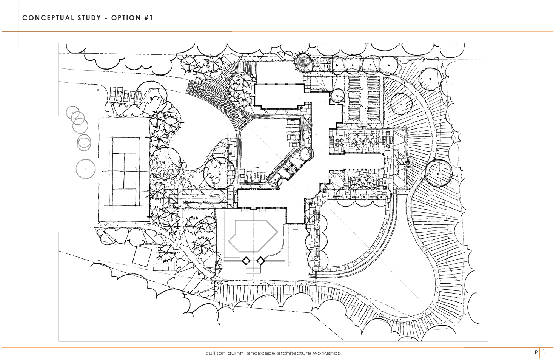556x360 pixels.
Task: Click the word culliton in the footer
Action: (213, 353)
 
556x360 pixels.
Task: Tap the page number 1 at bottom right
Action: (544, 352)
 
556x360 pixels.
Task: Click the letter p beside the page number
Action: (536, 352)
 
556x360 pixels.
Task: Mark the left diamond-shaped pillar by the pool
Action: (246, 261)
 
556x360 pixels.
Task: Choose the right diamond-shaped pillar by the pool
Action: (260, 261)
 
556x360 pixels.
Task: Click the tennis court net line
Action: (124, 171)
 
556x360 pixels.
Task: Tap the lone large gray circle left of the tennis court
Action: (85, 169)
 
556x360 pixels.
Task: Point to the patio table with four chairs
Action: (340, 142)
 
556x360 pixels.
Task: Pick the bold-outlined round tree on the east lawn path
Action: (439, 173)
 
